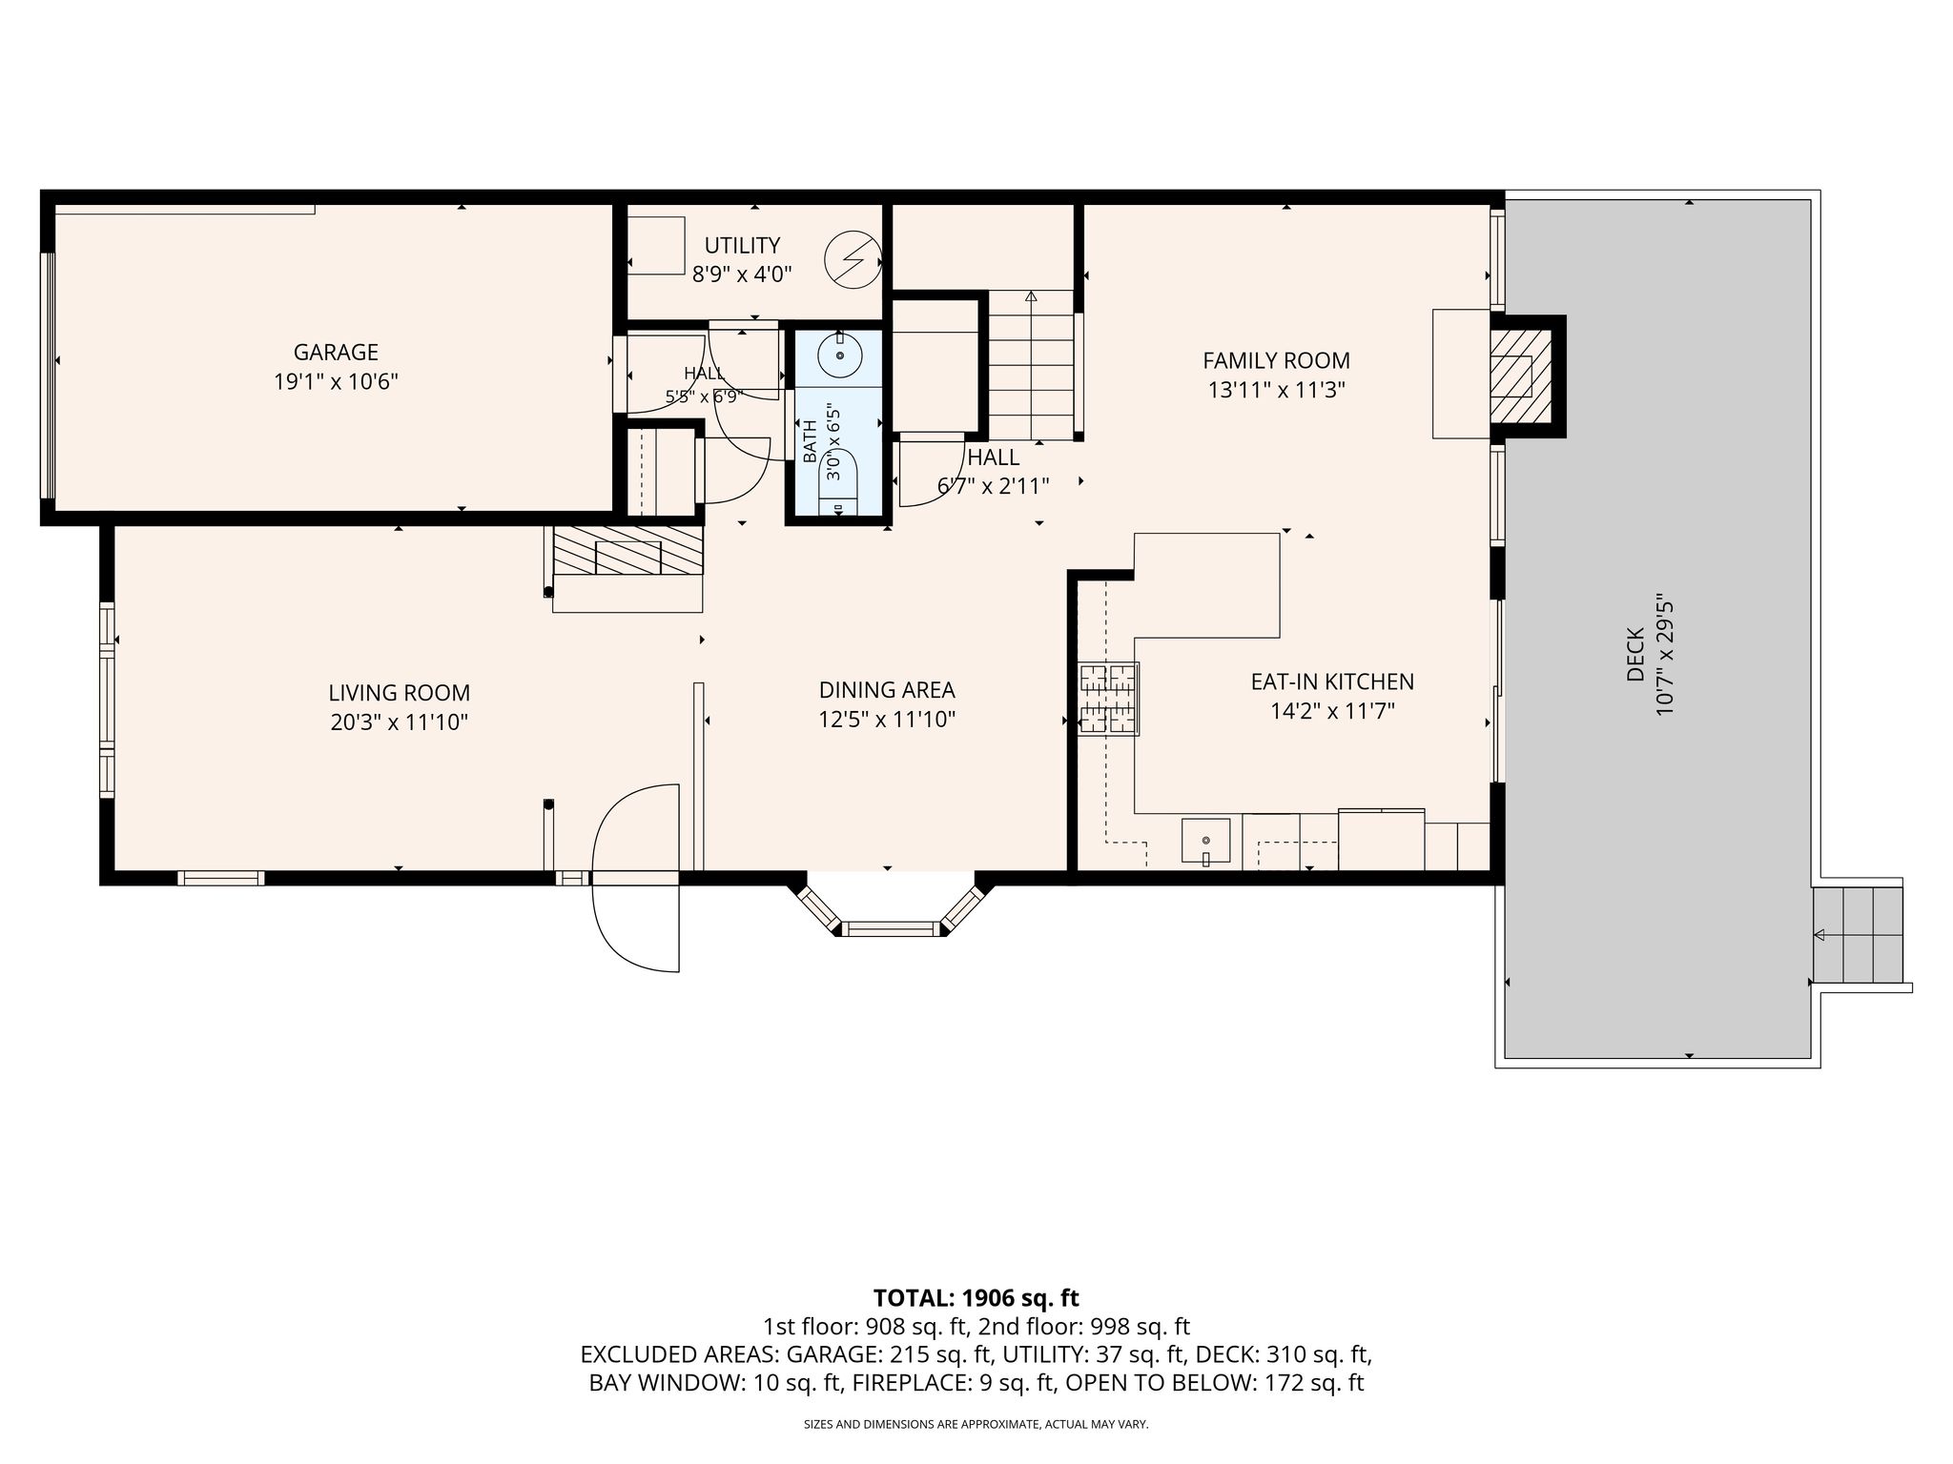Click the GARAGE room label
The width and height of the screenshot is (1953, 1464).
(x=336, y=352)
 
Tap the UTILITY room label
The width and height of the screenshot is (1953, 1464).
(x=742, y=246)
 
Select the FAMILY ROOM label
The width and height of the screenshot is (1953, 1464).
(x=1276, y=360)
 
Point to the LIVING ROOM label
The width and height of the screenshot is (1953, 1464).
(x=400, y=693)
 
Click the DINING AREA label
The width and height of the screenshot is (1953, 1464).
(x=887, y=689)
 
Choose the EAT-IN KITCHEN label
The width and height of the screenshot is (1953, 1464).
(x=1332, y=681)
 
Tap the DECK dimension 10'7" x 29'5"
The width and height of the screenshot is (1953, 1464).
(x=1665, y=657)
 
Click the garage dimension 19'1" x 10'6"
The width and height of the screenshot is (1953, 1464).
(x=336, y=382)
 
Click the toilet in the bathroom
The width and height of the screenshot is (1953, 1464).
(x=838, y=486)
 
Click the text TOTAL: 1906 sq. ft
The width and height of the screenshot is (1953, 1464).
(x=976, y=1297)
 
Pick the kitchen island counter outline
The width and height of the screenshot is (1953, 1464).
(x=1206, y=585)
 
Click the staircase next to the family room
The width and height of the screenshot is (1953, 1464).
(x=1031, y=365)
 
